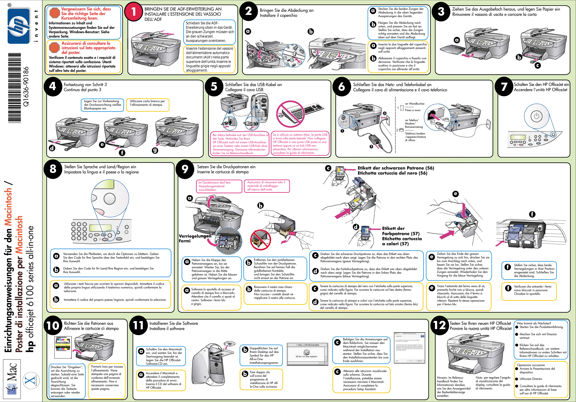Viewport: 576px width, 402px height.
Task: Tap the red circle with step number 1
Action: click(x=134, y=12)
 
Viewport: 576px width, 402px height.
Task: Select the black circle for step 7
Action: click(x=504, y=87)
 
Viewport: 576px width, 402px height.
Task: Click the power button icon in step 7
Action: click(x=536, y=116)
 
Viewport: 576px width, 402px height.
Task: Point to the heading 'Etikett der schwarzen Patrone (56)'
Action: click(x=396, y=168)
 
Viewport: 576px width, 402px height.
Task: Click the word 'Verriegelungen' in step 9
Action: click(x=195, y=236)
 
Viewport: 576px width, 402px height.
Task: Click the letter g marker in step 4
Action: click(x=155, y=150)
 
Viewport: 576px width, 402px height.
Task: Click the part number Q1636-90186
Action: click(x=26, y=86)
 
